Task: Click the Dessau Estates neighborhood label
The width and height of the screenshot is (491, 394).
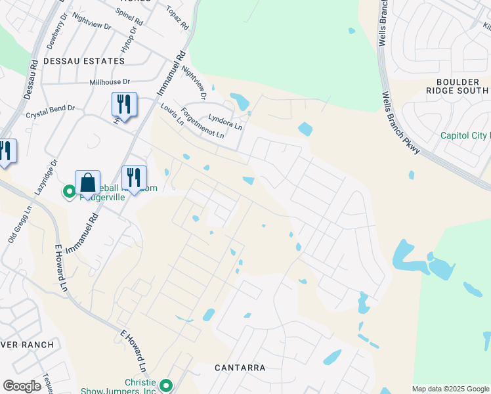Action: tap(83, 61)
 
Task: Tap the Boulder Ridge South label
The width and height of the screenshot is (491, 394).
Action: tap(458, 87)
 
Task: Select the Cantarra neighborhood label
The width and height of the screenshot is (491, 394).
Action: tap(240, 368)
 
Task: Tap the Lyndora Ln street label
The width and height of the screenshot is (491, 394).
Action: tap(225, 120)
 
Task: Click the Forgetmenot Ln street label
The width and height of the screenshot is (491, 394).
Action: tap(203, 123)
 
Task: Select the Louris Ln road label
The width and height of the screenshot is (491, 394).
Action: tap(171, 114)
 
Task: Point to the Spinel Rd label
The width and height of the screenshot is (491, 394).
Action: tap(129, 16)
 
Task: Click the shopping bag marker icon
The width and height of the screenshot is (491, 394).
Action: tap(87, 183)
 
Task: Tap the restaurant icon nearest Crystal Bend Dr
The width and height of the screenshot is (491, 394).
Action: tap(123, 104)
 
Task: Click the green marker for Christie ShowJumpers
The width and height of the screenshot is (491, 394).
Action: tap(165, 386)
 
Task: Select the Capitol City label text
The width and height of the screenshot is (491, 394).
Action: tap(465, 136)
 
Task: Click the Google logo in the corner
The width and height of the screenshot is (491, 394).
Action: tap(22, 386)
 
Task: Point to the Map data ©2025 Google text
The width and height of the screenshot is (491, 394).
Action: tap(450, 389)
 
